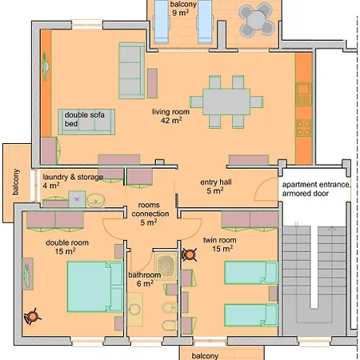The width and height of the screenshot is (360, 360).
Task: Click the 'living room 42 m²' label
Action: point(171,116)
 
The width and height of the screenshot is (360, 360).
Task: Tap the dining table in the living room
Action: point(226,102)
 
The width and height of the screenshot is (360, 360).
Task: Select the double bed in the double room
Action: point(94,286)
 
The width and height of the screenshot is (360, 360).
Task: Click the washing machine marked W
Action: point(77,199)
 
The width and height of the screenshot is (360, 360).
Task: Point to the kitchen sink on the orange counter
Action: point(303,94)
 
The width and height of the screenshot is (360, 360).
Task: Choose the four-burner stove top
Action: point(304,128)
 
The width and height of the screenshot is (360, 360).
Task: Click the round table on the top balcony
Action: point(256,19)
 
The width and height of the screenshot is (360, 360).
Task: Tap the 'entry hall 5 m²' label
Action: point(216,186)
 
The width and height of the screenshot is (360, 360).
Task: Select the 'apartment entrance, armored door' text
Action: point(316,189)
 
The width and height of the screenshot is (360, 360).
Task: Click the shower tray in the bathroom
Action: point(166,265)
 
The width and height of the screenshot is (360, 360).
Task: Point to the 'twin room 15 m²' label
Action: point(220,244)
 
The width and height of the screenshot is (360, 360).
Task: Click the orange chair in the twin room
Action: point(190,255)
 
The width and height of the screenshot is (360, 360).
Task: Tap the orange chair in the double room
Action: point(32,316)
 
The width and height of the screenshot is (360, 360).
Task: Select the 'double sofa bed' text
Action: point(84,119)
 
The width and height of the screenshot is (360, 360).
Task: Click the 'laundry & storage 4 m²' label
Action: point(73,181)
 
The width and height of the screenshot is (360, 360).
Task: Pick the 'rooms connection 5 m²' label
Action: point(150,214)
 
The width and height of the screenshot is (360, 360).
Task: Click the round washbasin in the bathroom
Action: point(134,310)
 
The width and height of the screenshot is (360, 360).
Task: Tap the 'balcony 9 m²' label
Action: point(183,8)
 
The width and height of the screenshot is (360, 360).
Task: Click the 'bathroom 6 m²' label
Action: point(145,279)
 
